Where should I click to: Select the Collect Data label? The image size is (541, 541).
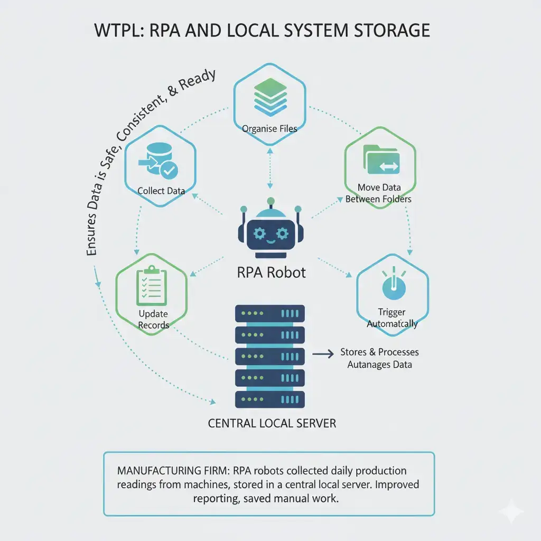[161, 190]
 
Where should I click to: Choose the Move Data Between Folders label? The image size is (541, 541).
[378, 193]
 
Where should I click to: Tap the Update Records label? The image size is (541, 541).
[153, 320]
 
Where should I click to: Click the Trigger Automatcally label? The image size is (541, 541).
[392, 318]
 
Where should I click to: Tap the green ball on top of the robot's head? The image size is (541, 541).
[270, 201]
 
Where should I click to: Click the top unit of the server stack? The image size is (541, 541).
[270, 313]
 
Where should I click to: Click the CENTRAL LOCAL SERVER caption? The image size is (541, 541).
[272, 423]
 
